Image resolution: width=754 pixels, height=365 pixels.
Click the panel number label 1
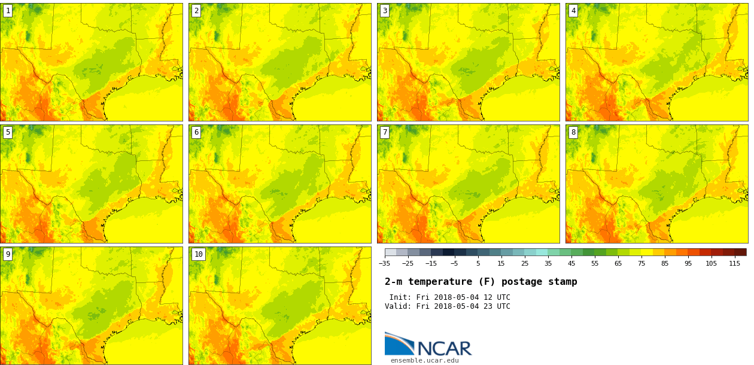click(8, 11)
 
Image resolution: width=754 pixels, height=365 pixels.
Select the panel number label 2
click(196, 11)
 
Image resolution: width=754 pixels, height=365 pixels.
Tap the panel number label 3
click(385, 11)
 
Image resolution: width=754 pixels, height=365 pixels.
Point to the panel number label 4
click(573, 11)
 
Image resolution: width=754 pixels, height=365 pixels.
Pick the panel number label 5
click(8, 132)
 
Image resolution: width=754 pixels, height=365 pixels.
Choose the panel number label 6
click(196, 132)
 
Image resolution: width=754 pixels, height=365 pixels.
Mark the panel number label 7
click(385, 132)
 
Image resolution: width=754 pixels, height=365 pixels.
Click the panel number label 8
click(573, 132)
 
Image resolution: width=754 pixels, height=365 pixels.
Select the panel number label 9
click(8, 254)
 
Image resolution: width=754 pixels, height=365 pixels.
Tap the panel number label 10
click(198, 254)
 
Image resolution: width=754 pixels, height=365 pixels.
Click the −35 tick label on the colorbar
click(384, 263)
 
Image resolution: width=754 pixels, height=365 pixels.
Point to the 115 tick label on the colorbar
click(734, 263)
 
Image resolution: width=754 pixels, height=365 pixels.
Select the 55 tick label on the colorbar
click(594, 263)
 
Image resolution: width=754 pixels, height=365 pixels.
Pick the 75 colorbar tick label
click(641, 263)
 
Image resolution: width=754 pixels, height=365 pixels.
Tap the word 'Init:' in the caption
click(400, 297)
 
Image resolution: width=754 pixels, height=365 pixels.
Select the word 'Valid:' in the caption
click(398, 306)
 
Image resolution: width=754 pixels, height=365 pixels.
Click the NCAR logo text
click(444, 348)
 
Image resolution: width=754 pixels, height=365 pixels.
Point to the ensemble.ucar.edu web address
click(424, 360)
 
